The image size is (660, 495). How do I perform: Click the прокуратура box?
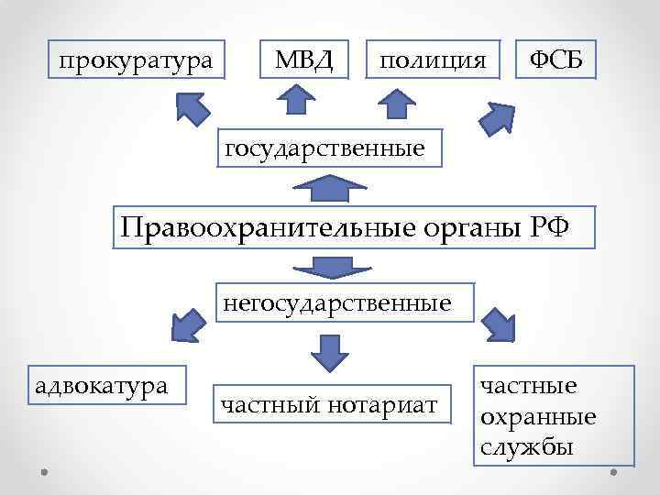pos(136,60)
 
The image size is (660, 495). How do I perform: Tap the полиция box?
pos(433,60)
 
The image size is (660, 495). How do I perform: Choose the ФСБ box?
pos(557,60)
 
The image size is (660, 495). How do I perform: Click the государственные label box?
pos(327,148)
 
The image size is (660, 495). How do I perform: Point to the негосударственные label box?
pos(345,302)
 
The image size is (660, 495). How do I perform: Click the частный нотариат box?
pos(331,404)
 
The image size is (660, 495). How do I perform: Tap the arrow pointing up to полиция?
pos(397,103)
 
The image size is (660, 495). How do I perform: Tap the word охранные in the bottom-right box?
pos(538,417)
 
